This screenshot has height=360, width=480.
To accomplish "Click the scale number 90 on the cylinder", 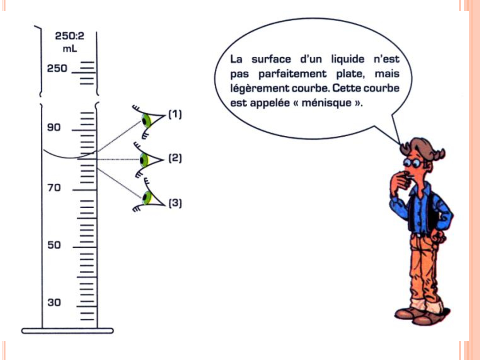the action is coord(54,127).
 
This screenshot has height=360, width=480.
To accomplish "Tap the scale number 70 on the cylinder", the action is coord(54,188).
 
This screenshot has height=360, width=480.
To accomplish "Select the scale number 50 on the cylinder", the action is coord(54,245).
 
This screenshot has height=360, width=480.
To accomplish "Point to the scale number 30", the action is coord(54,302).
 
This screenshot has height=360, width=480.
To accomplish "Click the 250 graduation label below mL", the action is coord(57,68).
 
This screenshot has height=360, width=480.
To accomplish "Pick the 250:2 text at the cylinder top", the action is coord(69,36).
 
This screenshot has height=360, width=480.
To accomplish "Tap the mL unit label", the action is coord(70,49).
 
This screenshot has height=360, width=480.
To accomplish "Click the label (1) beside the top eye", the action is coord(175,114).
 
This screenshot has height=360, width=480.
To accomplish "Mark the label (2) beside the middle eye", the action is coord(175,158).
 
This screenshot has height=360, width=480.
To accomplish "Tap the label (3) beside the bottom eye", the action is coord(175,203).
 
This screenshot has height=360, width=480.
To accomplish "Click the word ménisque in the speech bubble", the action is coord(326,103).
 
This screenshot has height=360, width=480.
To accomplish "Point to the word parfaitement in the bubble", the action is coord(292,74).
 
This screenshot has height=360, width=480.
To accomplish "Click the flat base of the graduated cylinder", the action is coord(67,331).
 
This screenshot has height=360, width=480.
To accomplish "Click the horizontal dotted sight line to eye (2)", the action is coord(118,160).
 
